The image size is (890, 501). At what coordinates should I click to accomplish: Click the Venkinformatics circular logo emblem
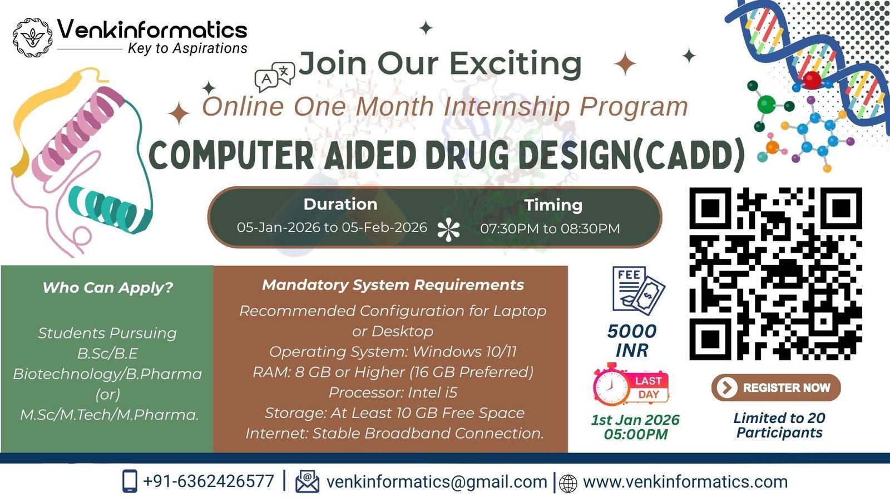33,37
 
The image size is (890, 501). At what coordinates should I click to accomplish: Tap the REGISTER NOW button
776,387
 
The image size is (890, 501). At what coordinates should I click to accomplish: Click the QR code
775,274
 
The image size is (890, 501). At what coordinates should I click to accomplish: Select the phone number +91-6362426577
209,481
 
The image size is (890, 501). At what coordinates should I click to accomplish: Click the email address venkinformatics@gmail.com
437,482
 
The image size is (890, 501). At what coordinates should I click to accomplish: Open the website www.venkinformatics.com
685,482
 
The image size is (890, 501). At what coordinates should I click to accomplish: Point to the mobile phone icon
130,481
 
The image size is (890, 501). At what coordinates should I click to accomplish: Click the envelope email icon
307,482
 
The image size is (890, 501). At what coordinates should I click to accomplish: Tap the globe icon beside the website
568,484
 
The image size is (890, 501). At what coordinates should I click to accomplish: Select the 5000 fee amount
632,331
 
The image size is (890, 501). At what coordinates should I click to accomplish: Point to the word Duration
340,204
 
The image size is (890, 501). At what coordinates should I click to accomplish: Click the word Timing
553,205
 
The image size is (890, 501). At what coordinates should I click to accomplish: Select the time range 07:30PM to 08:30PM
550,229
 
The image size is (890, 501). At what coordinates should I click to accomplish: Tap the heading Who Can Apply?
108,287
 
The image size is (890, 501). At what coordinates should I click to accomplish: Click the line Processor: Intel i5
393,392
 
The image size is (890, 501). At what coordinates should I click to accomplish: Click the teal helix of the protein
109,209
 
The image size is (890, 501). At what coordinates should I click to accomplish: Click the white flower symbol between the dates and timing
448,229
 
